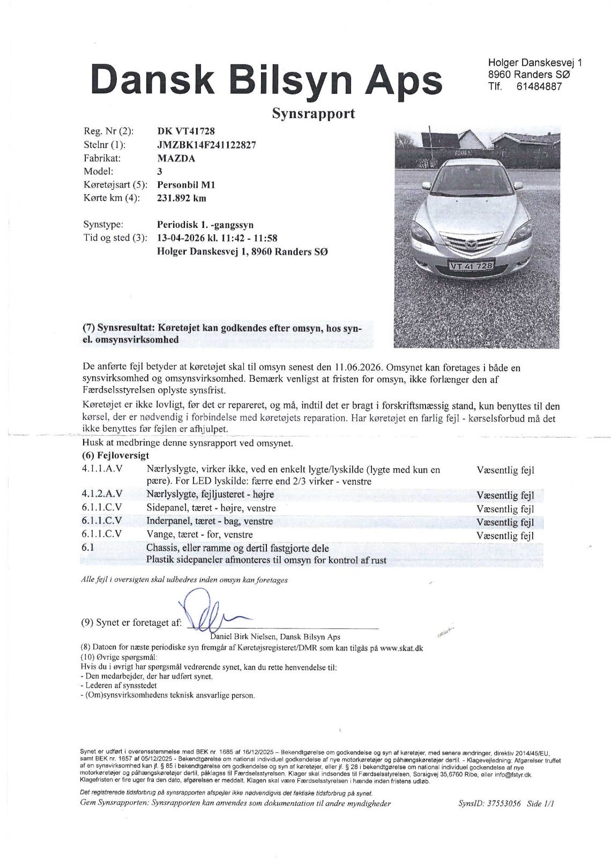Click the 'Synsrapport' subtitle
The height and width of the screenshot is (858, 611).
click(x=314, y=114)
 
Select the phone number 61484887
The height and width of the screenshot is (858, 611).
click(x=539, y=86)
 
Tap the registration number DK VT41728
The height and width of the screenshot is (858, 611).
click(x=187, y=131)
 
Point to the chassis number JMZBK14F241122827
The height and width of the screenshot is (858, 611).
click(x=206, y=145)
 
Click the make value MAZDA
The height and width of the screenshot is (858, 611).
click(x=176, y=158)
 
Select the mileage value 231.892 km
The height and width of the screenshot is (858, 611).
click(x=182, y=198)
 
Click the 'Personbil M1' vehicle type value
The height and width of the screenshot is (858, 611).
click(x=186, y=185)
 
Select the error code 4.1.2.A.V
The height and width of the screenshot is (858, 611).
click(x=102, y=494)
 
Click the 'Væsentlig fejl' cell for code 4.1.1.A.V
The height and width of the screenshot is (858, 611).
click(x=505, y=470)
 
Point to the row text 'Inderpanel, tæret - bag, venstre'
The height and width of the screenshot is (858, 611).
click(x=210, y=521)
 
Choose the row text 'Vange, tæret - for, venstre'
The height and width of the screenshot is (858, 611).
click(x=199, y=535)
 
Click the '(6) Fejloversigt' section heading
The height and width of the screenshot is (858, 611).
click(x=116, y=455)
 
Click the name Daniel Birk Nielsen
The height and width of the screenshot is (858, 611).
click(x=244, y=637)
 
